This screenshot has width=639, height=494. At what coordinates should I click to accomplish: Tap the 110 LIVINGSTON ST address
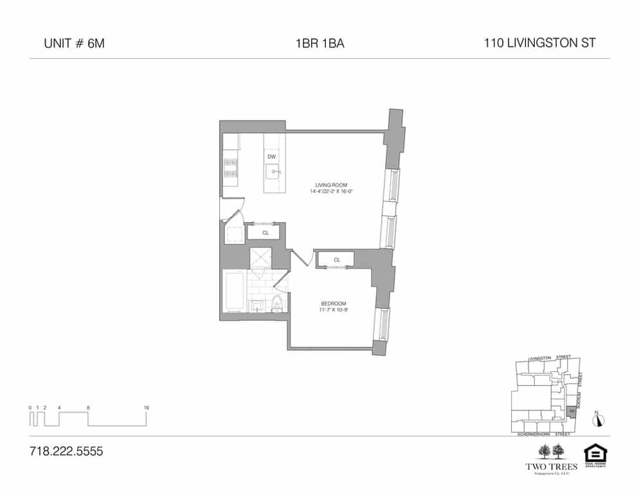(539, 44)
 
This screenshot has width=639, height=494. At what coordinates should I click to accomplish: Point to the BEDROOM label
(334, 304)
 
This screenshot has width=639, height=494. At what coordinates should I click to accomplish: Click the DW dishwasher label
(271, 157)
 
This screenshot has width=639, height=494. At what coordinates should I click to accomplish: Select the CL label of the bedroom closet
(337, 260)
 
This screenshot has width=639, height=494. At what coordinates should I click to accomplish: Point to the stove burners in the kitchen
(230, 167)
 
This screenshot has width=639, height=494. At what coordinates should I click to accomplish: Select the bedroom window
(384, 325)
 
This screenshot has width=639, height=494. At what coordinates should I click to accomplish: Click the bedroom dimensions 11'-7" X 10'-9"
(334, 310)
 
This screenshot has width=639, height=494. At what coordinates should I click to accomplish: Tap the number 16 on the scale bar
(147, 408)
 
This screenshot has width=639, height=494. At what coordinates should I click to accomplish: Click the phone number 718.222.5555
(66, 451)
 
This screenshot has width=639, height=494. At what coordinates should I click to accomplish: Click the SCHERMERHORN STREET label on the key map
(544, 435)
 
